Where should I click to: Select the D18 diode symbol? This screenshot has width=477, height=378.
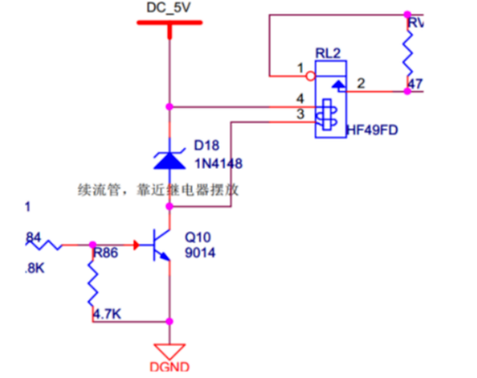[x=169, y=157]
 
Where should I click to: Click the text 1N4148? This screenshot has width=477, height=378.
[x=218, y=163]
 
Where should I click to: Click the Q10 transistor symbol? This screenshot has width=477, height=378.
[x=160, y=244]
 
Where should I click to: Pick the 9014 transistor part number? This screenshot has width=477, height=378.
[x=200, y=252]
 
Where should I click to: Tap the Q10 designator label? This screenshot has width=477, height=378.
[x=198, y=236]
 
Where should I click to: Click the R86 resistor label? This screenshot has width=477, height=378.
[x=105, y=253]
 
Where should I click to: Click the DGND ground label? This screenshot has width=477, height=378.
[x=169, y=367]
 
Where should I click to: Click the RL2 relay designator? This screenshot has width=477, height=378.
[x=327, y=53]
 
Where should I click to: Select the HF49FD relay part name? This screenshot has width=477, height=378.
[x=372, y=131]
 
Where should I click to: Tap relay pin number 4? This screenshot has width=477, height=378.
[x=299, y=99]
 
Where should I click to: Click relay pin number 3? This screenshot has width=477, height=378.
[x=299, y=114]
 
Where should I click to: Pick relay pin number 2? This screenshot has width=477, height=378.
[x=360, y=83]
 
